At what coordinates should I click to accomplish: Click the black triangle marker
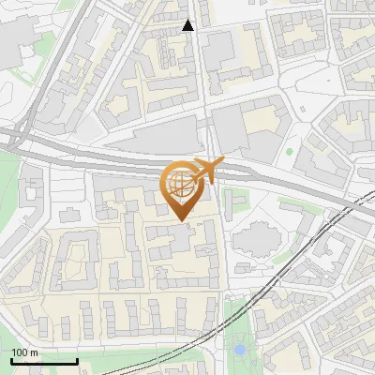point(188,25)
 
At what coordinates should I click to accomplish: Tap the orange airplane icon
point(205,172)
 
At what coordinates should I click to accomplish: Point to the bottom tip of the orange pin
point(181,221)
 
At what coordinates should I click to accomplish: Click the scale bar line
point(44,361)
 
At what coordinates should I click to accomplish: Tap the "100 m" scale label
point(26,352)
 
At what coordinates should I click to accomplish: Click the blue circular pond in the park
point(240,350)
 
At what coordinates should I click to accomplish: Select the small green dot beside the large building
point(290,151)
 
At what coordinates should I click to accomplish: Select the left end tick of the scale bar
point(12,360)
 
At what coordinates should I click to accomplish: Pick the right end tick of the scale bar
point(76,360)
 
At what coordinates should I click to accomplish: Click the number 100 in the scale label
point(21,352)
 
